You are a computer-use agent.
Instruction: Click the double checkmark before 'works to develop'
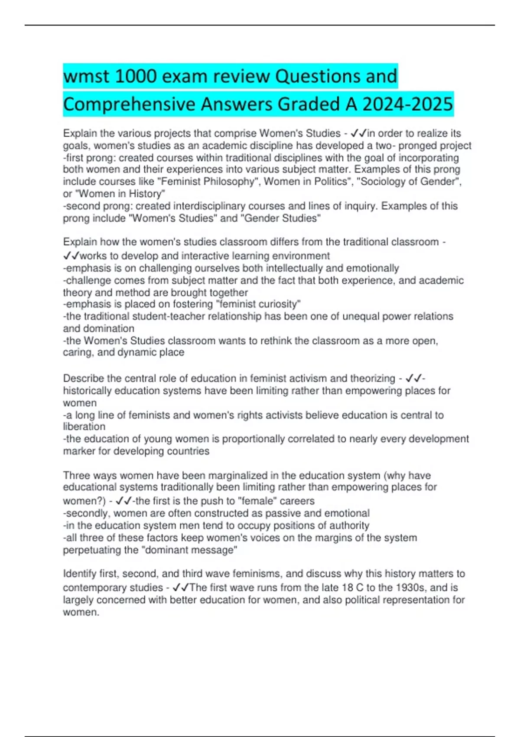point(71,256)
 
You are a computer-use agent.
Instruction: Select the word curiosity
point(275,304)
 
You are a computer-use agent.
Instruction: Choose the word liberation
point(84,427)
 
